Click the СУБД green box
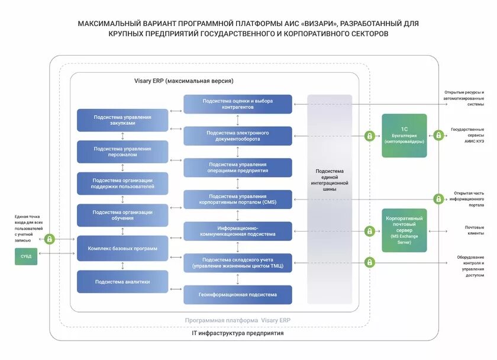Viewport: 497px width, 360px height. click(26, 256)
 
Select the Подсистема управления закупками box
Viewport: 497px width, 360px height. click(122, 120)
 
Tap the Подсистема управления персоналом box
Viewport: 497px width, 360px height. click(122, 152)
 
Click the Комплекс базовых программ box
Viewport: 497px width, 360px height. click(122, 249)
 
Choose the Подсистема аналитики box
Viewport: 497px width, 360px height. click(122, 282)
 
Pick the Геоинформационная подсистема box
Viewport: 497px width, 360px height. click(238, 294)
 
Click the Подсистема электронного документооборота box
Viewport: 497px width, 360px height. click(238, 136)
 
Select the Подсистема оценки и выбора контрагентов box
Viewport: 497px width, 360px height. click(238, 104)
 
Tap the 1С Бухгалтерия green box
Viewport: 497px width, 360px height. click(404, 136)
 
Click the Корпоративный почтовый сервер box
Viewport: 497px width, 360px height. click(404, 230)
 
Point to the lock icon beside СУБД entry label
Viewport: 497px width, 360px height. click(50, 239)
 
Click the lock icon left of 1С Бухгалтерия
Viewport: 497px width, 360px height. click(370, 136)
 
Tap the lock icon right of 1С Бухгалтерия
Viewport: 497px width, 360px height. click(438, 136)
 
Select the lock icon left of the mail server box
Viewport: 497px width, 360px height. click(370, 230)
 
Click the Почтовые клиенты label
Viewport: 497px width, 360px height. click(475, 230)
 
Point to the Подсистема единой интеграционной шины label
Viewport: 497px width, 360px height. click(330, 181)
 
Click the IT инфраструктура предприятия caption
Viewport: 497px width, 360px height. click(238, 333)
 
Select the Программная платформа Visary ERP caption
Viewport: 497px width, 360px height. click(238, 320)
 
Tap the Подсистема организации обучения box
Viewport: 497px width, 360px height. click(122, 215)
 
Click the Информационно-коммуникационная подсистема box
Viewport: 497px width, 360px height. click(238, 231)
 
